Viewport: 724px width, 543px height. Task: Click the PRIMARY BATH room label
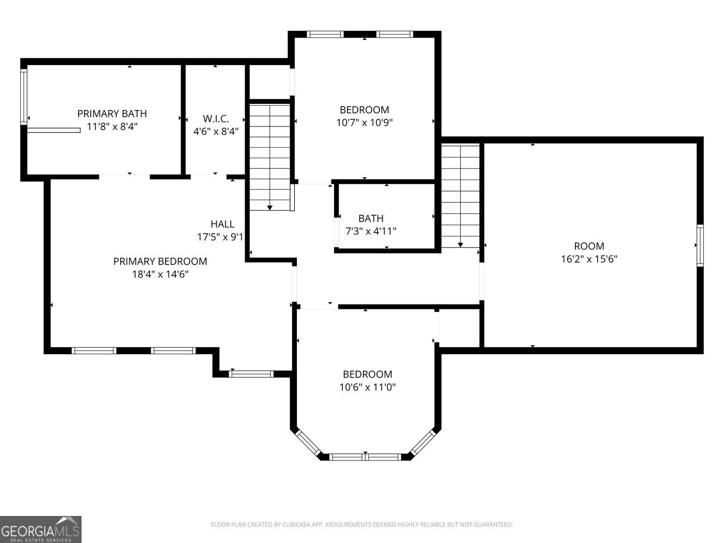[112, 113]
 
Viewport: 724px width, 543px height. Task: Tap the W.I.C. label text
[216, 118]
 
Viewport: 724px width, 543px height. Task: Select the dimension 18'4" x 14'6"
[160, 274]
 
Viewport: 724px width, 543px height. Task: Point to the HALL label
[223, 224]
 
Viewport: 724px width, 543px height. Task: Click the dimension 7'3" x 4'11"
[371, 231]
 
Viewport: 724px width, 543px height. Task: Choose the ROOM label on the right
[589, 246]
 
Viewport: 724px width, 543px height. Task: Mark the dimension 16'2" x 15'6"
[589, 259]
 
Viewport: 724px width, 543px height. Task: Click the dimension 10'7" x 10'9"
[364, 123]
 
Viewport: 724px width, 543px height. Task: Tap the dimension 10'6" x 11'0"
[367, 387]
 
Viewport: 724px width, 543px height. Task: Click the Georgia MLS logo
[41, 529]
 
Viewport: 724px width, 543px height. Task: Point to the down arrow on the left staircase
[270, 207]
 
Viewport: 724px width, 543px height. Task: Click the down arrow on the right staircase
[460, 244]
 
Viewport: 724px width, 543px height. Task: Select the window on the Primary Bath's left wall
[23, 97]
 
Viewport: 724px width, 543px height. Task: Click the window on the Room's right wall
[700, 245]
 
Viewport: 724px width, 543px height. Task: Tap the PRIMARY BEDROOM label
[160, 262]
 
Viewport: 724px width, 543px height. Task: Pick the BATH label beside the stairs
[371, 219]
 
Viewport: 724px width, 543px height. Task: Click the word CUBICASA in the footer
[295, 525]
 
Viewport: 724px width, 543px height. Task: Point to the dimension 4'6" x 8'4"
[216, 131]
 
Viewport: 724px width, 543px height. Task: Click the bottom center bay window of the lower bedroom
[365, 457]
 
